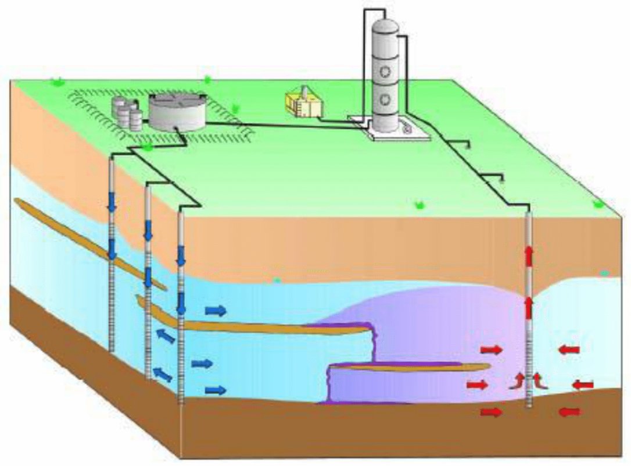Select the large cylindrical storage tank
point(176,112)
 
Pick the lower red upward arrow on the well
point(529,308)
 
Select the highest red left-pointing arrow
point(569,349)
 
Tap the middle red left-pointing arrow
point(583,385)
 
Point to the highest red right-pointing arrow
point(491,349)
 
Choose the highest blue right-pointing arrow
point(216,310)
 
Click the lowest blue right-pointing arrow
point(216,389)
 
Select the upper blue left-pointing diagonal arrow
point(166,336)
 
